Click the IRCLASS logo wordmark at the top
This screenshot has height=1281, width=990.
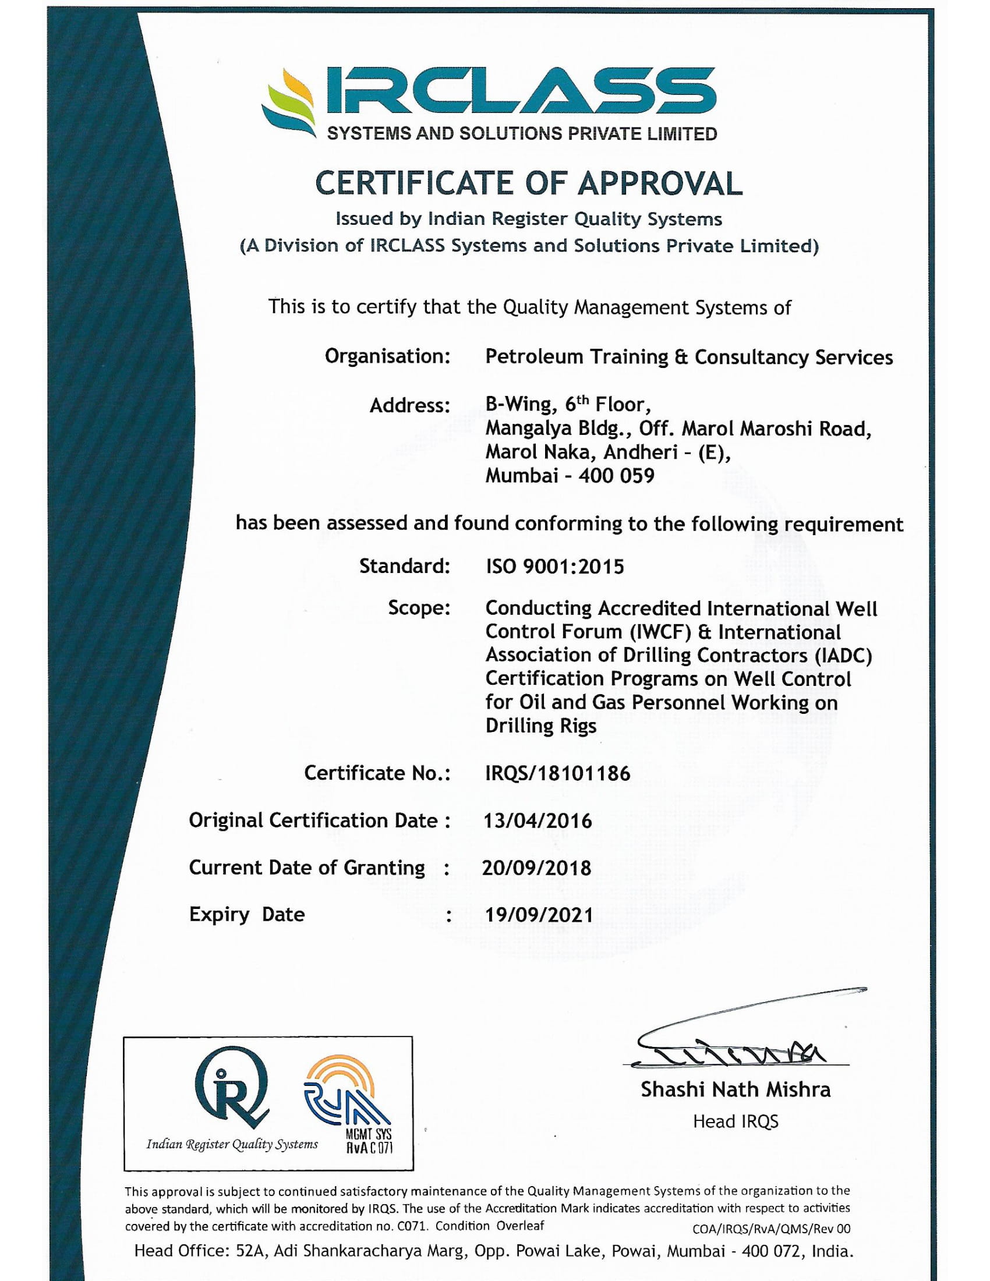pos(519,91)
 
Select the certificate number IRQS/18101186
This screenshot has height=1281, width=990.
pos(558,773)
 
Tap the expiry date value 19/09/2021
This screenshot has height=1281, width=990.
pos(539,914)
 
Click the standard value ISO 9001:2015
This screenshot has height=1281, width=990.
pos(555,567)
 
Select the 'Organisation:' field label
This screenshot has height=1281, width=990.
pos(388,356)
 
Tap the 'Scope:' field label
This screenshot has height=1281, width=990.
pos(419,608)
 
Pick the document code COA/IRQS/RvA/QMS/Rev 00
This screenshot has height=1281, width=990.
pos(770,1229)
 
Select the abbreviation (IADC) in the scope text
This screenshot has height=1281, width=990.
pos(844,655)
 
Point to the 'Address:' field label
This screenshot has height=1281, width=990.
pos(409,405)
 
